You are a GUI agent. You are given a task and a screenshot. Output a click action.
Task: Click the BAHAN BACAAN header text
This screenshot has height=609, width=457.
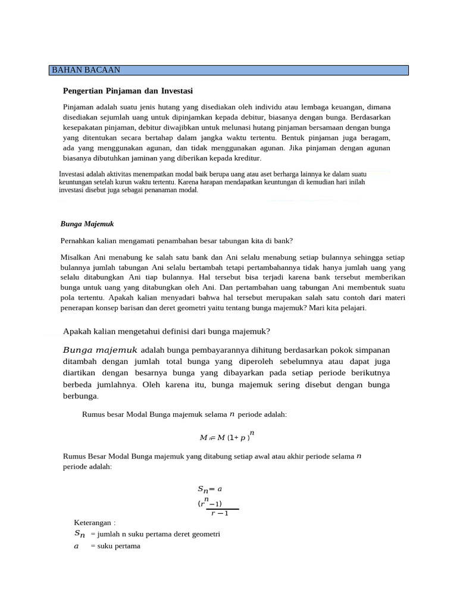point(86,70)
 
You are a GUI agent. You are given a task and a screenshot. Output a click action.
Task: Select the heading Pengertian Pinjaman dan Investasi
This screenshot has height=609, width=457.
point(128,91)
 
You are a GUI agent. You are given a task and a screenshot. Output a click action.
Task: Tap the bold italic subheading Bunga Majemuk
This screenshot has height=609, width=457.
point(87,224)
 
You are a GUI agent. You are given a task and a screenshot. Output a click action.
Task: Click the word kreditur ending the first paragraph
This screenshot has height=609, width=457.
point(245,158)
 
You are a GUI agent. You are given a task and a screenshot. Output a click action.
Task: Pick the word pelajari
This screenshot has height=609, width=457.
point(353,308)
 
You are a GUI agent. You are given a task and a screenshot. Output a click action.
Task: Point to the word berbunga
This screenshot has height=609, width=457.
point(80,395)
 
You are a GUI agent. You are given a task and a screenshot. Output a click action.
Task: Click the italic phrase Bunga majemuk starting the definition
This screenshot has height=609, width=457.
point(100,350)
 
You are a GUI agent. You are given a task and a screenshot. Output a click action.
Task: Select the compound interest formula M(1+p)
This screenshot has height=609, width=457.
point(225,438)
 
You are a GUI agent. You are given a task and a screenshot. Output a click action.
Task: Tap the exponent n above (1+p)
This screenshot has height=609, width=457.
point(252,432)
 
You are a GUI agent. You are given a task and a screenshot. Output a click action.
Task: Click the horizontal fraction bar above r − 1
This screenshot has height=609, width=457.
point(222,509)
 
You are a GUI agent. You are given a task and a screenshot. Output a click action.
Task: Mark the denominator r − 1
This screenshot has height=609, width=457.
point(220,514)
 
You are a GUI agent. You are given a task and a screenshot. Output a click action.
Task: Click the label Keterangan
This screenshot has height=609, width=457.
point(94,522)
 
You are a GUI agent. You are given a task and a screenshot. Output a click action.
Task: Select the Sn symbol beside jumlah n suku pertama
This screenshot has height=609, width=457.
point(80,534)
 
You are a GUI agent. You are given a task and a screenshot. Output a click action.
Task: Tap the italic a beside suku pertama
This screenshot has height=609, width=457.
point(76,546)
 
